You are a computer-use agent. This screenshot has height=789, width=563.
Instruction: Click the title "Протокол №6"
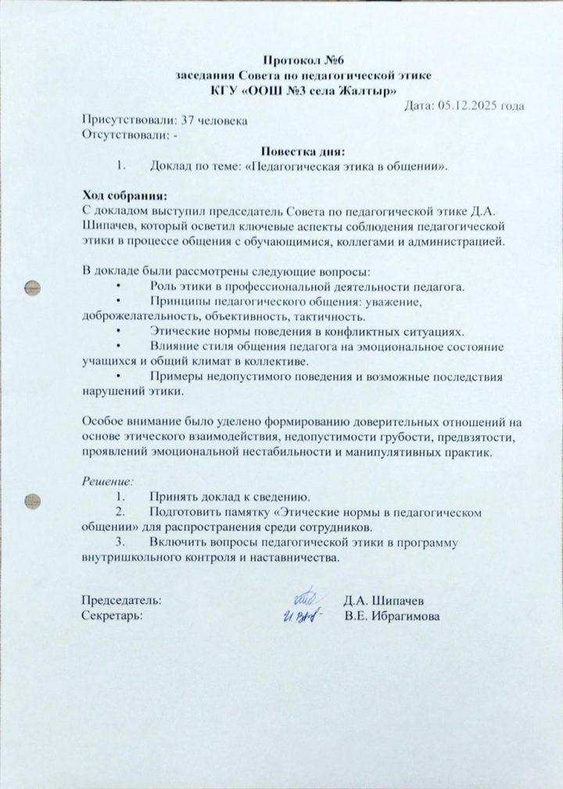pyautogui.click(x=303, y=60)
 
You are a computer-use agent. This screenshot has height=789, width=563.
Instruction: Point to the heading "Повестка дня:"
pyautogui.click(x=303, y=151)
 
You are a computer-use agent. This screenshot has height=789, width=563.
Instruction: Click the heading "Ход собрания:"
pyautogui.click(x=125, y=195)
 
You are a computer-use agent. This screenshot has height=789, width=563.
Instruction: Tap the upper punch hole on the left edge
pyautogui.click(x=32, y=286)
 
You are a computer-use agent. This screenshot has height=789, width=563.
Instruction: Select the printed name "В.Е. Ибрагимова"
pyautogui.click(x=393, y=616)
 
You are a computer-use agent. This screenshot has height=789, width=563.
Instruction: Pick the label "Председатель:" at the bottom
pyautogui.click(x=123, y=600)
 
